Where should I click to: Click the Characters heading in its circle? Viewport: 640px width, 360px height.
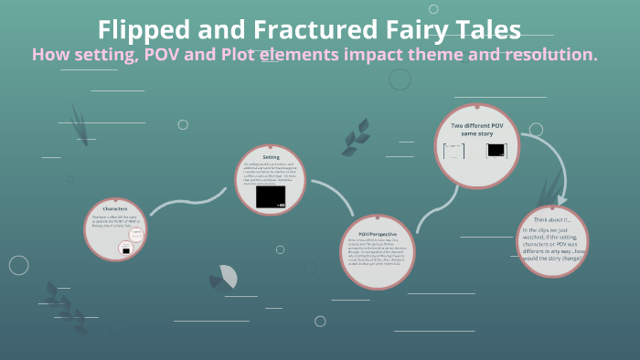[115, 209]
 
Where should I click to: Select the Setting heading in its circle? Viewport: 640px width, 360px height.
[271, 156]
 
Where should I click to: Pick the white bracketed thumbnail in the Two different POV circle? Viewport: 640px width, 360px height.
[454, 151]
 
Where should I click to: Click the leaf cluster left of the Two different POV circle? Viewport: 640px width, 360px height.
[352, 142]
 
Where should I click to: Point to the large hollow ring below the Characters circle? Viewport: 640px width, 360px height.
[18, 265]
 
